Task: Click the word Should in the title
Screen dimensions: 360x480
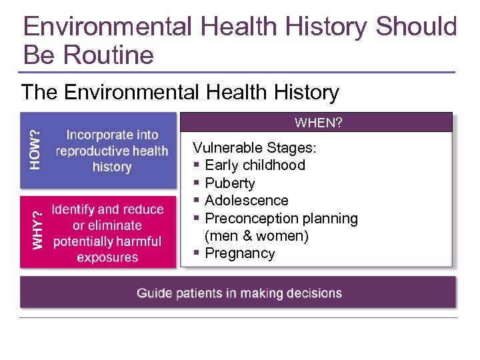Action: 416,27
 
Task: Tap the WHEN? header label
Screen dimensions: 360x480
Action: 319,123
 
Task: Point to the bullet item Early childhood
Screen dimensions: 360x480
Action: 255,165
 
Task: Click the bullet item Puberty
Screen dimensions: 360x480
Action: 230,183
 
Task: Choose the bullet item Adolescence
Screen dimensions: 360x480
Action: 247,201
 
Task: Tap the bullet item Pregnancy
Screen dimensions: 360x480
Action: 239,253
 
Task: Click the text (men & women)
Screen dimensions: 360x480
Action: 257,236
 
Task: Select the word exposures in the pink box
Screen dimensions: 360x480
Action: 107,257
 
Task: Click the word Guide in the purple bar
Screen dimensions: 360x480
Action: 154,293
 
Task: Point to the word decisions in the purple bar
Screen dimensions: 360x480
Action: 313,293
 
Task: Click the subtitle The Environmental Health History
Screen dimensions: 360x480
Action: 180,92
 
